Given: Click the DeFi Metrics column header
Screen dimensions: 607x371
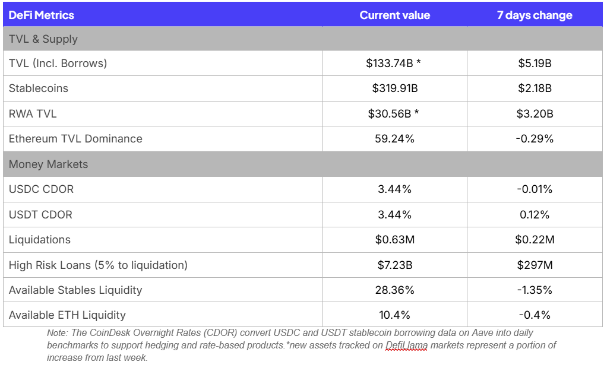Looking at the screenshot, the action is [42, 15].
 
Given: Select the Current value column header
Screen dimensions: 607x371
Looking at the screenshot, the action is [395, 15].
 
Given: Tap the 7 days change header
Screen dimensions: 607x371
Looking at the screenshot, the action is [535, 15].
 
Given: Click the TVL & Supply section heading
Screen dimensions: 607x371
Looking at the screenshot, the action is [43, 39].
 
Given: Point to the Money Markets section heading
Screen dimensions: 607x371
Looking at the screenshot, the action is [48, 164].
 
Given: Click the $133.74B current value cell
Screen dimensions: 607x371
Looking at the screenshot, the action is [393, 63].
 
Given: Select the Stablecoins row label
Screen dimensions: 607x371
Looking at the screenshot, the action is [39, 88].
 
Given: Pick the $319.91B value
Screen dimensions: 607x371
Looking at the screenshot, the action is [395, 88].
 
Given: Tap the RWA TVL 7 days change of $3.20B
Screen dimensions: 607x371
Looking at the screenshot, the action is [535, 114].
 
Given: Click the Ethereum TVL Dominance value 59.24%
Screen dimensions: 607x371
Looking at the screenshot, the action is [394, 138].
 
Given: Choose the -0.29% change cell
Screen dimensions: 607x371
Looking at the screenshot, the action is [535, 138].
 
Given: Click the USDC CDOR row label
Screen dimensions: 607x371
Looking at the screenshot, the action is [41, 189].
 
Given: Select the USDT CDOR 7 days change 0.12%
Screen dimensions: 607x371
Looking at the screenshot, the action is [535, 214].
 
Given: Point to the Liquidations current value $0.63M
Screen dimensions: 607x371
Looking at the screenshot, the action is [395, 239].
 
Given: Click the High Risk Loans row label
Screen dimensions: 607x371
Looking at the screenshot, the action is [98, 265].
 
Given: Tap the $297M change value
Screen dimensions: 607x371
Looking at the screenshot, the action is [535, 265].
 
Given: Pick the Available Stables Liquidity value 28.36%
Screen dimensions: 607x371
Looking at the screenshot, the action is [394, 290].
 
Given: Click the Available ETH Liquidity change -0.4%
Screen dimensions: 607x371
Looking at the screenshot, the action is [535, 315].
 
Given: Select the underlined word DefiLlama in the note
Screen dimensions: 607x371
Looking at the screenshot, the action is [406, 345].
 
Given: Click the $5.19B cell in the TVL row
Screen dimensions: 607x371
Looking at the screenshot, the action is [535, 63].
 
